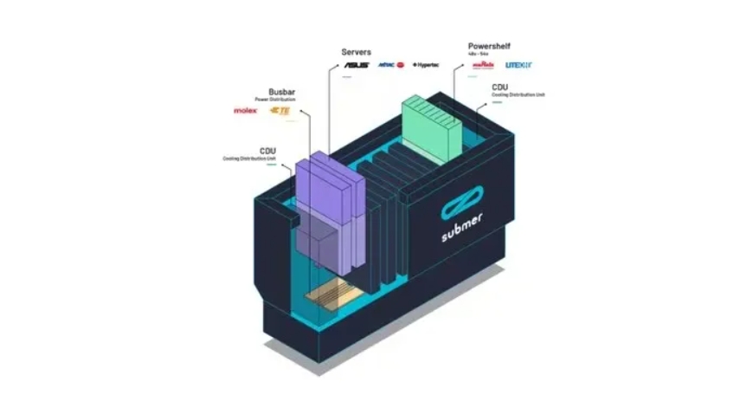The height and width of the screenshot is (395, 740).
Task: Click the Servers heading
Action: tap(357, 52)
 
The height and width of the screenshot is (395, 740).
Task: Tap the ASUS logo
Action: tap(357, 65)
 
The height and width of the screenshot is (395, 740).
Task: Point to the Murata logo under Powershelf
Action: tap(482, 65)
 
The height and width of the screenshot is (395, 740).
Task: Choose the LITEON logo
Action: tap(518, 65)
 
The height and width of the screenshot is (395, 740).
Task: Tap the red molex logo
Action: tap(246, 111)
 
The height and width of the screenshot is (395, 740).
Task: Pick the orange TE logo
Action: tap(280, 111)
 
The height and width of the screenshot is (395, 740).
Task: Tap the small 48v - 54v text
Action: tap(478, 54)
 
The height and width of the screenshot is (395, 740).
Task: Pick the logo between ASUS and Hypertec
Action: tap(392, 65)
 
